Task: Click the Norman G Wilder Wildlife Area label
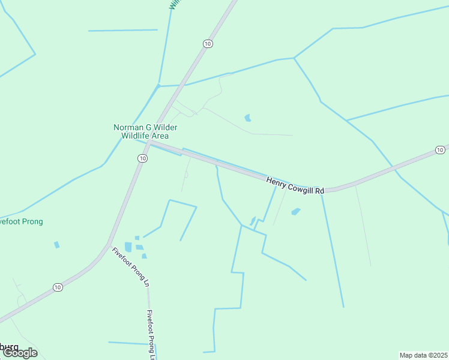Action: (x=145, y=131)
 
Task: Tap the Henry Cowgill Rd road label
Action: (x=295, y=185)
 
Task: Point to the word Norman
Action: (x=127, y=127)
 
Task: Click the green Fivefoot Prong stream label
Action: (x=21, y=221)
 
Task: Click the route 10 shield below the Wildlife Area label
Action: (x=142, y=158)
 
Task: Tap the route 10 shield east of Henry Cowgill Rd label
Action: (x=440, y=149)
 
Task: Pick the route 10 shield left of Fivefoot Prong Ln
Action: (x=58, y=287)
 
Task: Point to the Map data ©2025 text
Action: (x=423, y=355)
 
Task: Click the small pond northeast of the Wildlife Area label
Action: (x=248, y=118)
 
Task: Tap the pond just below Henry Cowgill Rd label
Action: (x=295, y=211)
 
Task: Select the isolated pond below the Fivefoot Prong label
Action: (x=57, y=245)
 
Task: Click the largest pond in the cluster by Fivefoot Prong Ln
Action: (x=128, y=247)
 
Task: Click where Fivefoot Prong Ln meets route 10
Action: (x=109, y=245)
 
